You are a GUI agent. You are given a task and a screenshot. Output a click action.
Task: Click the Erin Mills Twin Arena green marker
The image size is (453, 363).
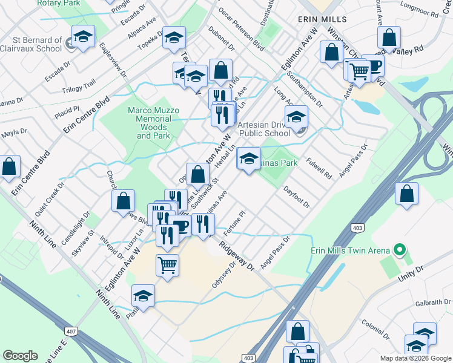point(399,249)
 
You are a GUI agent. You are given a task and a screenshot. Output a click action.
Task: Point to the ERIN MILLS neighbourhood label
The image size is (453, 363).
point(322,19)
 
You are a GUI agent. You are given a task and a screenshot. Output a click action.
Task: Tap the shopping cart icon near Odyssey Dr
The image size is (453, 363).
point(167,264)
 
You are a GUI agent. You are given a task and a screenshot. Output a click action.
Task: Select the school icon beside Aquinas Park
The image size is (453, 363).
point(248,159)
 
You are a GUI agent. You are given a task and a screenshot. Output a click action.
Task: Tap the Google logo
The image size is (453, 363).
point(20,356)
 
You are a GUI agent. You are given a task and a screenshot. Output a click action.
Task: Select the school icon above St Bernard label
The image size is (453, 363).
point(83,36)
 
